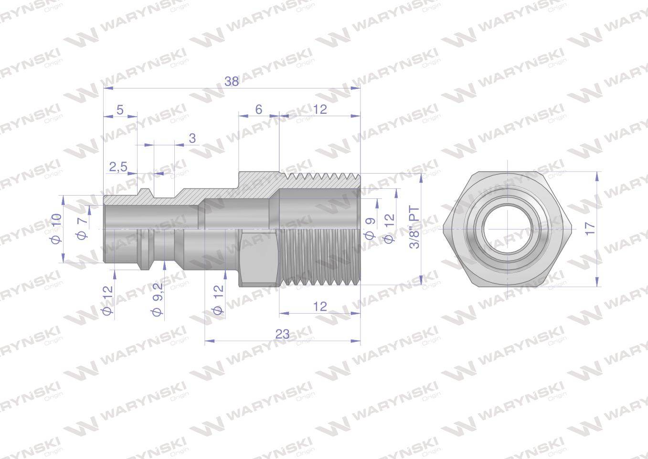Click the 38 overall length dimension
pos(232,82)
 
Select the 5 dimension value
pos(120,110)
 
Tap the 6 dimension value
pos(259,109)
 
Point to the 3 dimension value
pos(192,138)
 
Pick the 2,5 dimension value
pos(118,167)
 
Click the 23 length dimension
pos(282,334)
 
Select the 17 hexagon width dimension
pos(590,229)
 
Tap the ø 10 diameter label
pos(56,229)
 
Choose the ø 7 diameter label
pos(83,229)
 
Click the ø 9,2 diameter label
pos(158,300)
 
